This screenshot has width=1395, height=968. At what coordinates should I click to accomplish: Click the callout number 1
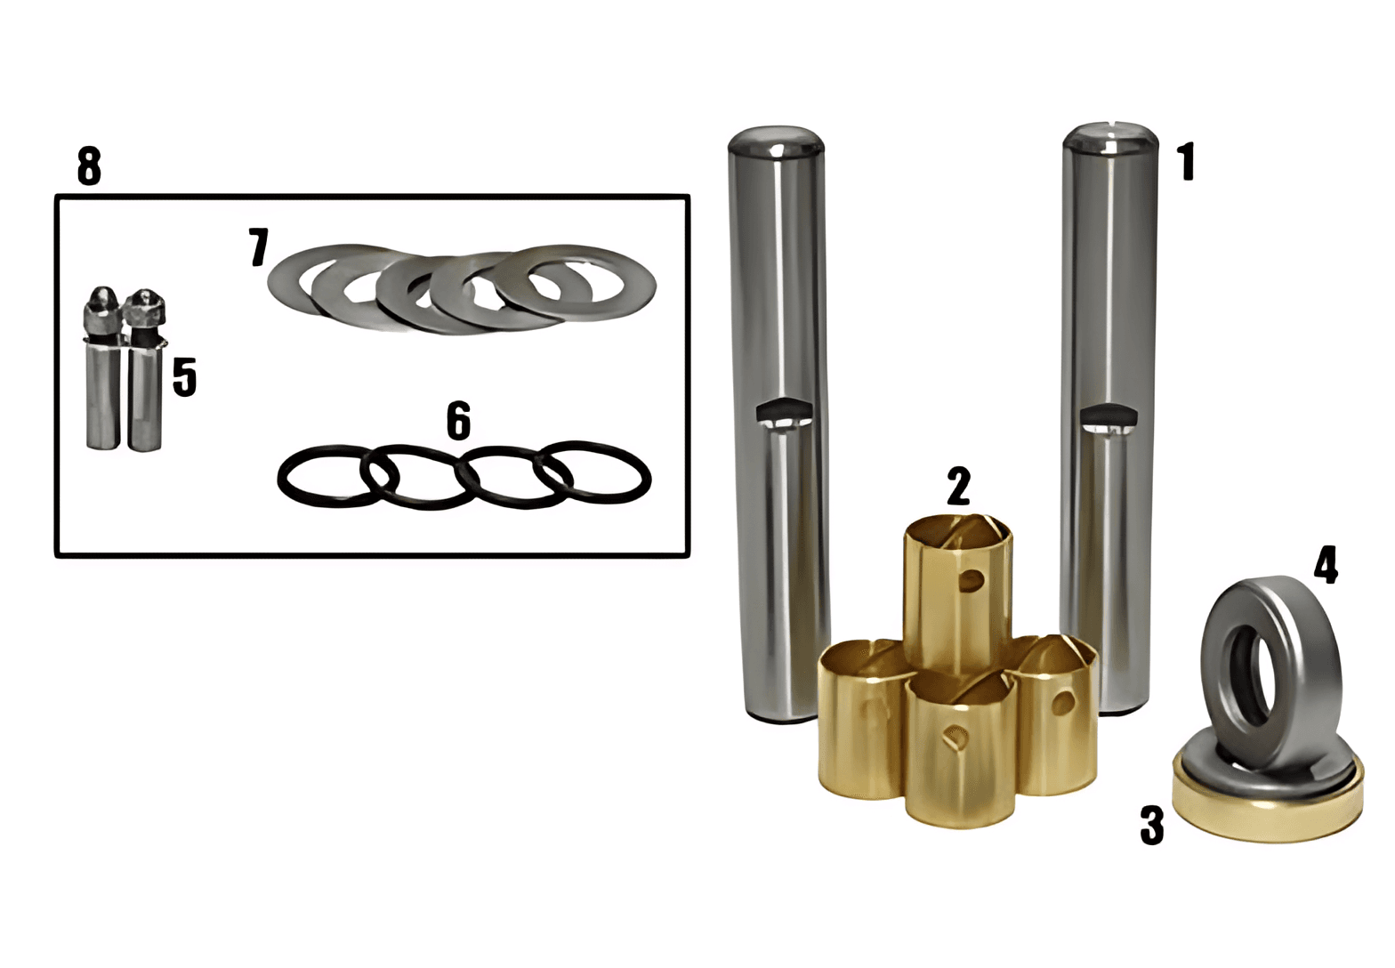click(x=1188, y=161)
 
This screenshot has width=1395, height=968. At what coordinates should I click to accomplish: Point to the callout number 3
click(x=1151, y=825)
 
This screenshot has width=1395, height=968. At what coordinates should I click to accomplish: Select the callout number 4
click(x=1326, y=565)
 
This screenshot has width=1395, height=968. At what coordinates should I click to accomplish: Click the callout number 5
click(x=184, y=377)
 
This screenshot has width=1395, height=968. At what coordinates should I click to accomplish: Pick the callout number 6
click(x=458, y=421)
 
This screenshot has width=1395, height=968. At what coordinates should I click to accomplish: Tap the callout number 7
click(x=258, y=247)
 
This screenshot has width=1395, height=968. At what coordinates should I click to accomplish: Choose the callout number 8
click(x=89, y=165)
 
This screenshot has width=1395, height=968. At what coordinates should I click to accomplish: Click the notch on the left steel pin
click(x=784, y=412)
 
